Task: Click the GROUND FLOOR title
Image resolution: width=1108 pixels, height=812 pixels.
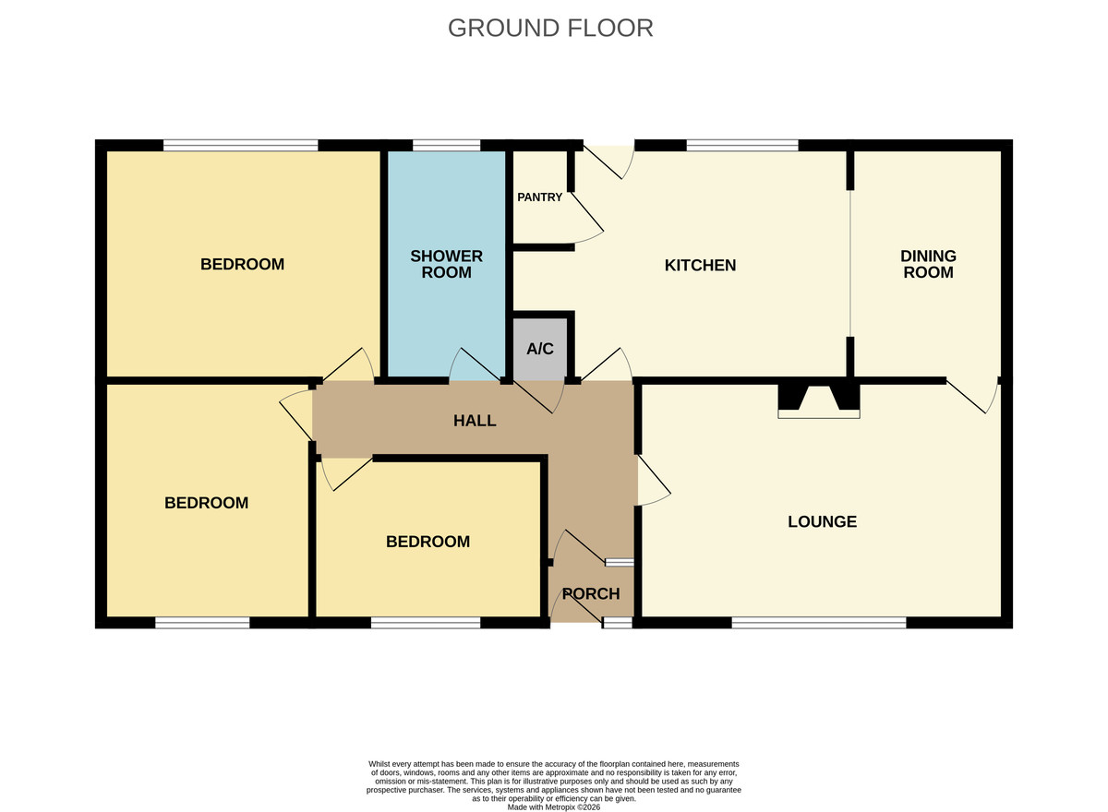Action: click(x=550, y=29)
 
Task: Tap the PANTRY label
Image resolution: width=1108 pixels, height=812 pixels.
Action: click(x=539, y=197)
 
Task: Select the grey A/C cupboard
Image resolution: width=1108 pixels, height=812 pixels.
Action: click(x=539, y=349)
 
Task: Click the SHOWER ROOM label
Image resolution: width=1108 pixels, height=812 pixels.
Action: click(x=446, y=265)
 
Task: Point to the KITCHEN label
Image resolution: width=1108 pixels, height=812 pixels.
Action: click(x=700, y=266)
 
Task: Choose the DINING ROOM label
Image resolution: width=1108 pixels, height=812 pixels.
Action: click(x=928, y=265)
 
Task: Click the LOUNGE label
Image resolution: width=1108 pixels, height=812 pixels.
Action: click(x=822, y=522)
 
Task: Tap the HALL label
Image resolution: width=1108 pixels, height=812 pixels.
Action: click(x=475, y=421)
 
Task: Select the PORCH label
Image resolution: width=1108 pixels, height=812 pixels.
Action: click(x=591, y=593)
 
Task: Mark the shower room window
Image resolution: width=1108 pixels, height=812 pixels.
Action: click(x=446, y=145)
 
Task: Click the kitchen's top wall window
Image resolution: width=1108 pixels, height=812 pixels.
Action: click(x=742, y=145)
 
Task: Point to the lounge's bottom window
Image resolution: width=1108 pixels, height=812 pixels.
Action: click(x=819, y=623)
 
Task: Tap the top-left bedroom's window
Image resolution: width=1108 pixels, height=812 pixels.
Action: click(x=240, y=145)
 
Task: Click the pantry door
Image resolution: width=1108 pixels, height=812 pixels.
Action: click(x=587, y=218)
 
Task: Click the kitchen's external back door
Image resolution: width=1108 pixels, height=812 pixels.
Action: click(x=608, y=162)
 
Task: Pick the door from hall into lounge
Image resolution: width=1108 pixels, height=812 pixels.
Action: click(x=654, y=481)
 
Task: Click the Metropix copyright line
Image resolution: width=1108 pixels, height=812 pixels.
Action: click(x=553, y=807)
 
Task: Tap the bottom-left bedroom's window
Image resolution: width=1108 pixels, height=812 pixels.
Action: click(x=202, y=623)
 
